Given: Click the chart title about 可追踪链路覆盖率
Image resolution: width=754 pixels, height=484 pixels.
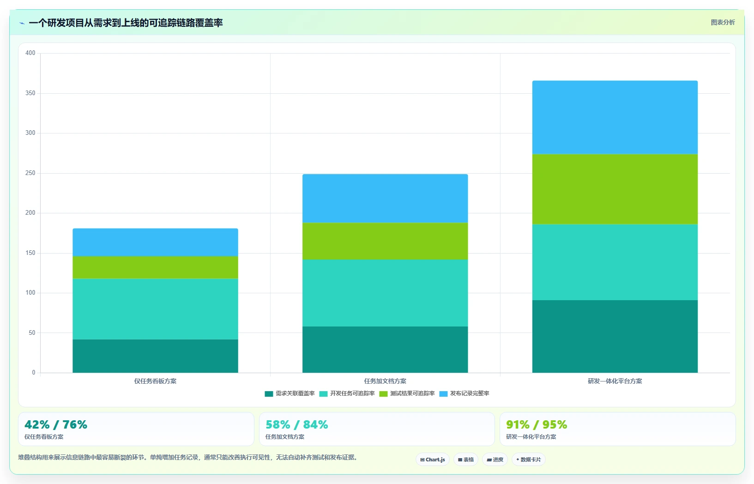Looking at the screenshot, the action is click(126, 23).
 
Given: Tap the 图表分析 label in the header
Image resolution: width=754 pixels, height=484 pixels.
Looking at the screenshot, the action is click(723, 22).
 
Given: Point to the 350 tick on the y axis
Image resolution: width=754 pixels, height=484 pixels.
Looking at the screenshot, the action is click(30, 93).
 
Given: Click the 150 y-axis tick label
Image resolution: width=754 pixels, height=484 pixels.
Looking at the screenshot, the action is click(30, 253).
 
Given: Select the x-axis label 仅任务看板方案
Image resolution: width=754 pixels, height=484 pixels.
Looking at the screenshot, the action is click(155, 381).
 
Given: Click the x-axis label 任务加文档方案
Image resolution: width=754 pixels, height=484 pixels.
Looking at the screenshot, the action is click(385, 381).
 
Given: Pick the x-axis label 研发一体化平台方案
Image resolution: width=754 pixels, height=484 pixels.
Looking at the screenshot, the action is click(615, 381).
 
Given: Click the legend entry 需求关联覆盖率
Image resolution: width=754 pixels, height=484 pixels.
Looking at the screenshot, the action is click(290, 393).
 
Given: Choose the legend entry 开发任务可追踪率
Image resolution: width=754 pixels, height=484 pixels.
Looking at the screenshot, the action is click(347, 393).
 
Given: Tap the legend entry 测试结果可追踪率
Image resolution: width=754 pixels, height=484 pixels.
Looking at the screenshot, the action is click(407, 393).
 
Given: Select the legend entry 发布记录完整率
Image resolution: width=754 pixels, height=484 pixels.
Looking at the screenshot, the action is click(464, 393).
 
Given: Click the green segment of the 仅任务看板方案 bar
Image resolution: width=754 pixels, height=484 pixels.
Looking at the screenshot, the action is click(155, 267).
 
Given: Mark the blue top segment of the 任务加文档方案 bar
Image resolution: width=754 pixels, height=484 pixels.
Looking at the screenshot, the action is click(385, 198).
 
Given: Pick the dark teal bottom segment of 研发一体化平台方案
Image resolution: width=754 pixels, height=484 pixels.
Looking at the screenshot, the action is click(615, 336).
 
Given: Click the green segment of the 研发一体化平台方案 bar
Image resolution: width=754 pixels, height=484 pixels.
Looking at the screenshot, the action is click(615, 189).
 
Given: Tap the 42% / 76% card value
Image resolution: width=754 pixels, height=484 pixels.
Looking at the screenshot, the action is click(56, 424).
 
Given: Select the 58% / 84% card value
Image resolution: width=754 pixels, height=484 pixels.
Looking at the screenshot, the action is click(296, 424).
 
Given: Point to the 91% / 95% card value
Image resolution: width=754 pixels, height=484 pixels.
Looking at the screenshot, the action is click(537, 424).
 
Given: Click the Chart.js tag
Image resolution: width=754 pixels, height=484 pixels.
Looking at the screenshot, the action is click(433, 460).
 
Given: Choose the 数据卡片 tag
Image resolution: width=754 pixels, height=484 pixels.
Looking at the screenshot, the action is click(529, 460).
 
